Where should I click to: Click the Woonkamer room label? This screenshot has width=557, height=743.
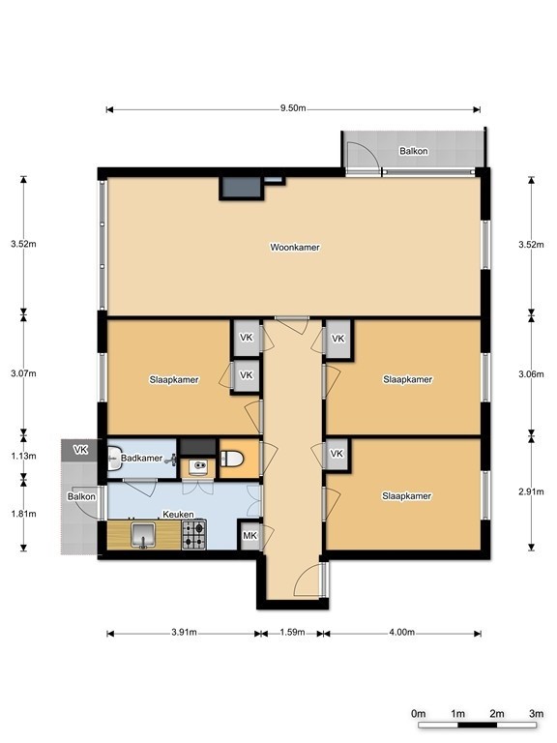[x=295, y=247]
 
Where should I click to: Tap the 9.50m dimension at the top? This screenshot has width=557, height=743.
[x=293, y=108]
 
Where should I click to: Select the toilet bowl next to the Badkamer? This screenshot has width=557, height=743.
[x=232, y=459]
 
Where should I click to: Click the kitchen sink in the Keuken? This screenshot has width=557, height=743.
[x=143, y=535]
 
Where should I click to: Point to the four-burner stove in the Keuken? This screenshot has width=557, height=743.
[x=194, y=535]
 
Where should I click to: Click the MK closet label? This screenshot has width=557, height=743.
[x=249, y=535]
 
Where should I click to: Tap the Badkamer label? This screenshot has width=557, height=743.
[x=141, y=459]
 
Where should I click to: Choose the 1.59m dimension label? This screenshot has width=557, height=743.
[x=292, y=632]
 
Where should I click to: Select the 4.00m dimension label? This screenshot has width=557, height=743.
[x=401, y=632]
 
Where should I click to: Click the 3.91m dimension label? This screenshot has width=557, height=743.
[x=184, y=632]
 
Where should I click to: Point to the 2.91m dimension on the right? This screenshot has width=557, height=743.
[x=532, y=491]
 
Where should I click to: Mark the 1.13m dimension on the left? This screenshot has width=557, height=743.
[x=23, y=456]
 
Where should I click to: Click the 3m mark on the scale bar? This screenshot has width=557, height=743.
[x=536, y=714]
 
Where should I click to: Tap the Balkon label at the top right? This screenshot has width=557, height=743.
[x=414, y=151]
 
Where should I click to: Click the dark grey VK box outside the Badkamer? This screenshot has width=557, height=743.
[x=79, y=450]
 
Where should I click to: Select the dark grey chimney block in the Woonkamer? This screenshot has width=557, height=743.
[x=240, y=189]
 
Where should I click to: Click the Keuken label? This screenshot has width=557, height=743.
[x=178, y=514]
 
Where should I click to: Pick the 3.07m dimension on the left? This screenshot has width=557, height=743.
[x=23, y=372]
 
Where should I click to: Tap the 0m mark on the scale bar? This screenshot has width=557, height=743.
[x=418, y=714]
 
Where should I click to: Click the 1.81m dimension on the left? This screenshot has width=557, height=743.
[x=23, y=513]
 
